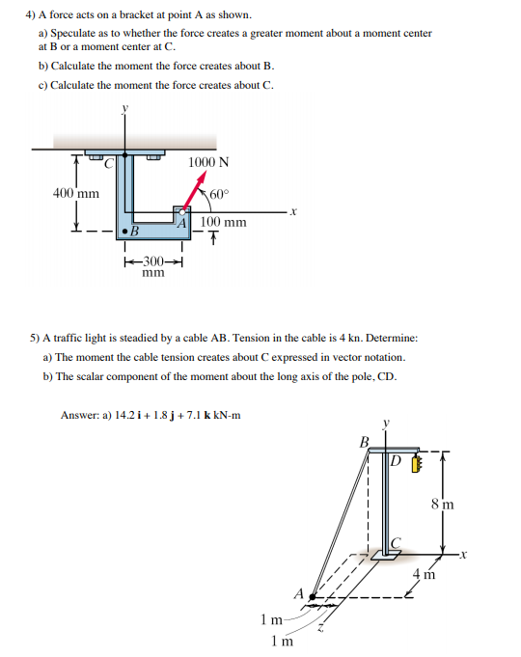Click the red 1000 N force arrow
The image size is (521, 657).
(x=194, y=192)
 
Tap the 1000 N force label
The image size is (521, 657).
(x=208, y=162)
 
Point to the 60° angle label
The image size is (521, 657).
(x=219, y=195)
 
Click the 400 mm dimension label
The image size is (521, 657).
(x=76, y=194)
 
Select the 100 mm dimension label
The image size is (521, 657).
(x=223, y=222)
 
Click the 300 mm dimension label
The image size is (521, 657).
(x=153, y=266)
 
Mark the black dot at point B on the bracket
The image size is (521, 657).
(x=124, y=232)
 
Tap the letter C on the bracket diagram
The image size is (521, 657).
(x=109, y=163)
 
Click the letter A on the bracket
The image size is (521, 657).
(x=181, y=223)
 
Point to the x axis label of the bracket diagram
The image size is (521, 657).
(x=293, y=212)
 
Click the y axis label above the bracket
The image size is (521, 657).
(x=124, y=108)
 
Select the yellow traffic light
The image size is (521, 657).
(x=416, y=464)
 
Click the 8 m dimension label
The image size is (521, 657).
(x=442, y=504)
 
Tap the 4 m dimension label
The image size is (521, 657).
(x=425, y=574)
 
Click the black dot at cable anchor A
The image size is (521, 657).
(x=312, y=596)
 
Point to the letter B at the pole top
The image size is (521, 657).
(x=365, y=442)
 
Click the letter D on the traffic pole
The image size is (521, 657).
(x=396, y=461)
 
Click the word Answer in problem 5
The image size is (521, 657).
(x=80, y=415)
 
